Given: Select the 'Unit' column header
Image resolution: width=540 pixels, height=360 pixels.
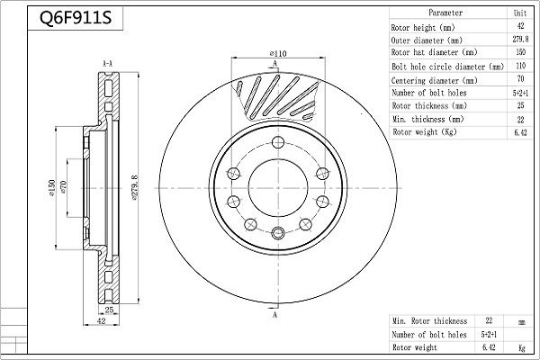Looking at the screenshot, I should (520, 14).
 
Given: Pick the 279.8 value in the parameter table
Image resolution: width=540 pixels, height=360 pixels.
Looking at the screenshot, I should (520, 40).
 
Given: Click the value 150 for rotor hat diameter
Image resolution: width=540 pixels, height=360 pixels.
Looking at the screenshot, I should (520, 53).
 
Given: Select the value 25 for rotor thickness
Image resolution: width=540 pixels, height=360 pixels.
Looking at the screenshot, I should (520, 105).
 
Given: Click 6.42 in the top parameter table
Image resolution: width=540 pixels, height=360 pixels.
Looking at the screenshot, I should (520, 131).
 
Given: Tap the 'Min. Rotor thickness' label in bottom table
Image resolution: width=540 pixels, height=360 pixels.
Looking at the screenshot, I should (430, 320).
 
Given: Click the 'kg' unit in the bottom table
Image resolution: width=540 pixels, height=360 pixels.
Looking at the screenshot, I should (520, 346).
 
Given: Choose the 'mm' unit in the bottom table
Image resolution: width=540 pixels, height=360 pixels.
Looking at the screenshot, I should (520, 320).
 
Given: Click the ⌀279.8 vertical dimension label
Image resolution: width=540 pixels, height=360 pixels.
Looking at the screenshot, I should (134, 188).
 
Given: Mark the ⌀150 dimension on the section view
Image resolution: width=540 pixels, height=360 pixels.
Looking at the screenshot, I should (53, 188).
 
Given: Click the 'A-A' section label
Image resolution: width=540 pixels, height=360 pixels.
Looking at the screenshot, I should (107, 62).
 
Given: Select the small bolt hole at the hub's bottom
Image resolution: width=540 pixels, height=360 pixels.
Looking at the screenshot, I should (277, 235).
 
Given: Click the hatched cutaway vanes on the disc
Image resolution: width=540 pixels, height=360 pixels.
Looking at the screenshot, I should (274, 94).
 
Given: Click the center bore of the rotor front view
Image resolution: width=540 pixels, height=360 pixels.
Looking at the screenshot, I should (277, 187).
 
